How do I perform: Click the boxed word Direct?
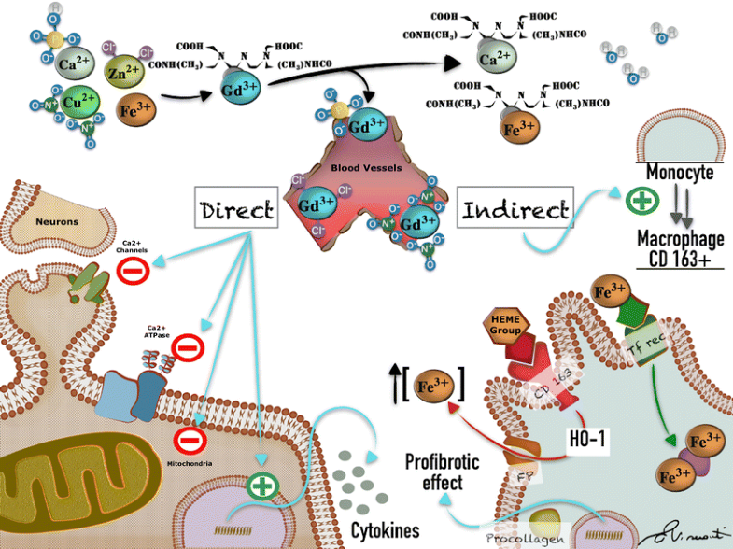tap(236, 211)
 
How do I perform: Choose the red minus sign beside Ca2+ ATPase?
tap(188, 350)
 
